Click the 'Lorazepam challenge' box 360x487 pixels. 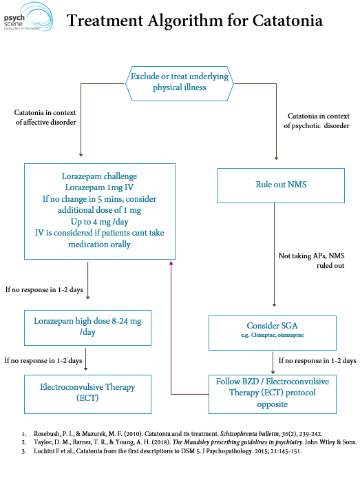coord(100,210)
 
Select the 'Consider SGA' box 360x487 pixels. coord(273,329)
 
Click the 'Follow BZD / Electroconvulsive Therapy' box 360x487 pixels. coord(273,393)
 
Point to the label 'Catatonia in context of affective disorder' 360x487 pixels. coord(45,117)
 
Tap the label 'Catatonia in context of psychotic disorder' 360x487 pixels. coord(318,121)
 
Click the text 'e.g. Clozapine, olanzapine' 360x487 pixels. coord(273,335)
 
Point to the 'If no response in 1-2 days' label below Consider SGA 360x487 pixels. coord(317,360)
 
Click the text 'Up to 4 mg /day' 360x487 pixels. coord(100,222)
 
